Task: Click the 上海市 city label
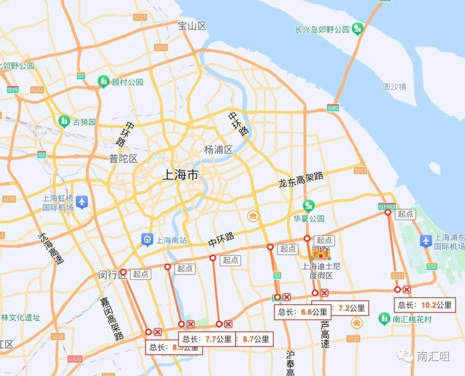pyautogui.click(x=180, y=175)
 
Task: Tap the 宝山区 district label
pyautogui.click(x=192, y=26)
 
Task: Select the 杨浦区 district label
pyautogui.click(x=218, y=150)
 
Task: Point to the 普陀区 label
pyautogui.click(x=124, y=159)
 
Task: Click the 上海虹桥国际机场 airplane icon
pyautogui.click(x=81, y=201)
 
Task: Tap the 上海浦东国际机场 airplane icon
pyautogui.click(x=425, y=241)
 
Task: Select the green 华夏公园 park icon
pyautogui.click(x=308, y=206)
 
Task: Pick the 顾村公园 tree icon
pyautogui.click(x=103, y=81)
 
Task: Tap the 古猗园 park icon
pyautogui.click(x=64, y=122)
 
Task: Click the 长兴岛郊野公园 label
pyautogui.click(x=322, y=30)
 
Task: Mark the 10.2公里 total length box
pyautogui.click(x=425, y=305)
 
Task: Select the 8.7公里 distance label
pyautogui.click(x=256, y=339)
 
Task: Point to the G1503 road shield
pyautogui.click(x=387, y=206)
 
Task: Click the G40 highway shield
pyautogui.click(x=332, y=108)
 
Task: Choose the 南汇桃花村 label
pyautogui.click(x=412, y=319)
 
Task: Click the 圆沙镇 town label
pyautogui.click(x=394, y=86)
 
